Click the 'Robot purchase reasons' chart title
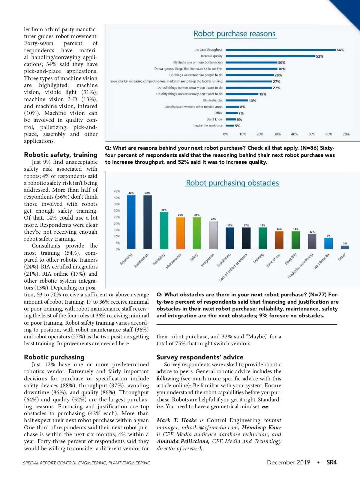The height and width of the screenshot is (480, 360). tap(234, 34)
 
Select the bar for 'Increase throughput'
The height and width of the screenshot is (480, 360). tap(280, 50)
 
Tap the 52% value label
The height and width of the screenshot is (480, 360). tap(319, 56)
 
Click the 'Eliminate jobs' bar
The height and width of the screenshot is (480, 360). tap(237, 100)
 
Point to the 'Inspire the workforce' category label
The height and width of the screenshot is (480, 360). tap(208, 126)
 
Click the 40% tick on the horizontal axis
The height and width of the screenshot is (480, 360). tap(294, 134)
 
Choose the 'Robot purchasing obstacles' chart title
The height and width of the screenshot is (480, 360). tap(232, 183)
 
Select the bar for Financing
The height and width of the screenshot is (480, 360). tap(131, 222)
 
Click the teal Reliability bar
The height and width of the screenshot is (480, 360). tap(164, 230)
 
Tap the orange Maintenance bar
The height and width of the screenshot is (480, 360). tap(180, 233)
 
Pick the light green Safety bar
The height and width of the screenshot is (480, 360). tap(197, 233)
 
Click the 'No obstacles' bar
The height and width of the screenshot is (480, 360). tap(328, 243)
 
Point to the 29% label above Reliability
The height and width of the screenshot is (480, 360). tap(164, 210)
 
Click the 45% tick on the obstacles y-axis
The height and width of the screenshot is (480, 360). tap(117, 191)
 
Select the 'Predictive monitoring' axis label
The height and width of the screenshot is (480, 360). tap(301, 266)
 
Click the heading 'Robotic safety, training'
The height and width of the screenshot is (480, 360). tap(61, 155)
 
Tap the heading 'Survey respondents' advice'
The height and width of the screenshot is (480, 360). tap(200, 357)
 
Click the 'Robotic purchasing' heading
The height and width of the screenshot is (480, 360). tap(54, 357)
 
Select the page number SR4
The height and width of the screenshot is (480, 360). tap(331, 462)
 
